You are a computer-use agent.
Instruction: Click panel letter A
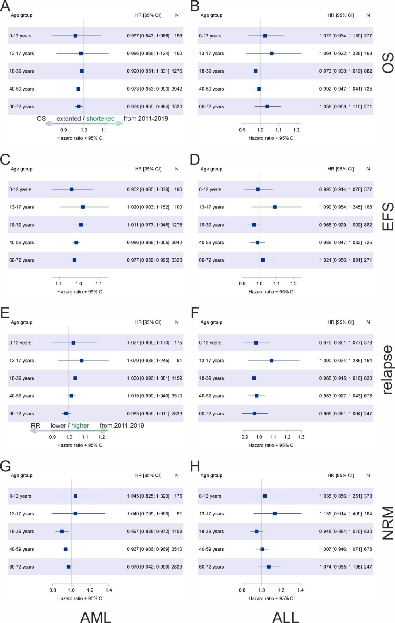[5, 6]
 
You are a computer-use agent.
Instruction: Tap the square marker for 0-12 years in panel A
[75, 36]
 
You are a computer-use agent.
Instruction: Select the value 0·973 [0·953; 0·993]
[148, 89]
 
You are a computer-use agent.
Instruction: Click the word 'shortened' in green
[100, 119]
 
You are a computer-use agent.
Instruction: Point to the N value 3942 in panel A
[177, 89]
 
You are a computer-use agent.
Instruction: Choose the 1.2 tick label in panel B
[296, 130]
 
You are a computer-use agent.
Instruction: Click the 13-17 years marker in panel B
[272, 53]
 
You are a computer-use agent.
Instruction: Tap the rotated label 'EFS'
[387, 216]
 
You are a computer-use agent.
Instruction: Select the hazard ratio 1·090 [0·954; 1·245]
[341, 207]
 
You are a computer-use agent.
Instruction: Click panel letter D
[195, 160]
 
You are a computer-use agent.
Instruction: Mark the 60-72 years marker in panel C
[74, 260]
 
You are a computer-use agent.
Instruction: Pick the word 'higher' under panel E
[80, 426]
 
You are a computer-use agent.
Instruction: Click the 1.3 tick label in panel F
[301, 437]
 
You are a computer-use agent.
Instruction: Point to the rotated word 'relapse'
[387, 370]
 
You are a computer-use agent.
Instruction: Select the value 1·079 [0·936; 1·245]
[148, 361]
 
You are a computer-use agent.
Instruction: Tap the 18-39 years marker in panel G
[62, 531]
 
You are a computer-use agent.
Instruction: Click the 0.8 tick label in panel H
[242, 590]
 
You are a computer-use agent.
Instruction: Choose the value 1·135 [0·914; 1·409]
[341, 514]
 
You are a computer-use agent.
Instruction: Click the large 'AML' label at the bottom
[96, 617]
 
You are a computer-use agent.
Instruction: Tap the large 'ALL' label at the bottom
[285, 617]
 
